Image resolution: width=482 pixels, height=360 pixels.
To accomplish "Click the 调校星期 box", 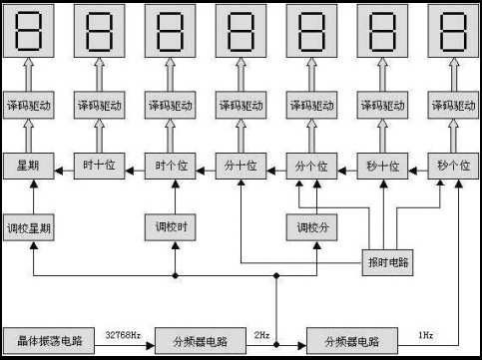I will pyautogui.click(x=27, y=228).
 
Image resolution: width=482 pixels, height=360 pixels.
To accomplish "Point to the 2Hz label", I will pyautogui.click(x=261, y=334).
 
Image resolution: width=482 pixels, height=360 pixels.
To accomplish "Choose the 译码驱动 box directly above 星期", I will pyautogui.click(x=27, y=106).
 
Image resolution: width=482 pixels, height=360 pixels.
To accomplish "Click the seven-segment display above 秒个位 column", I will pyautogui.click(x=451, y=33).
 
